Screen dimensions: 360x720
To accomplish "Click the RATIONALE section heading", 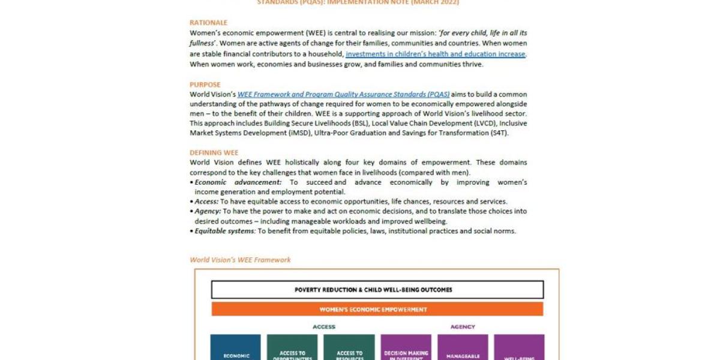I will point(208,23).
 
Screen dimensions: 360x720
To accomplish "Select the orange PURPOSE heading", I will point(205,85).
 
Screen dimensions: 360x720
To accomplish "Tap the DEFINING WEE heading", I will point(214,153).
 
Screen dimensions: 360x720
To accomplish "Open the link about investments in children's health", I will point(436,54).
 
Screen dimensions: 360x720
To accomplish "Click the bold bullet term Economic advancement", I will point(238,182).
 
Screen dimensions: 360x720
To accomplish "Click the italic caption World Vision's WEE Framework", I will point(240,260).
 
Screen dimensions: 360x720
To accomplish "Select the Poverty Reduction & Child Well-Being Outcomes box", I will point(377,290).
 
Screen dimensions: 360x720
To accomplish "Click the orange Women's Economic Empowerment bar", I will point(377,310).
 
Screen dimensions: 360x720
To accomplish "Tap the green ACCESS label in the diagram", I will point(324,327).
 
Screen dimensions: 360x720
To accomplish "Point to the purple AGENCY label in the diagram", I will point(463,327).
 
